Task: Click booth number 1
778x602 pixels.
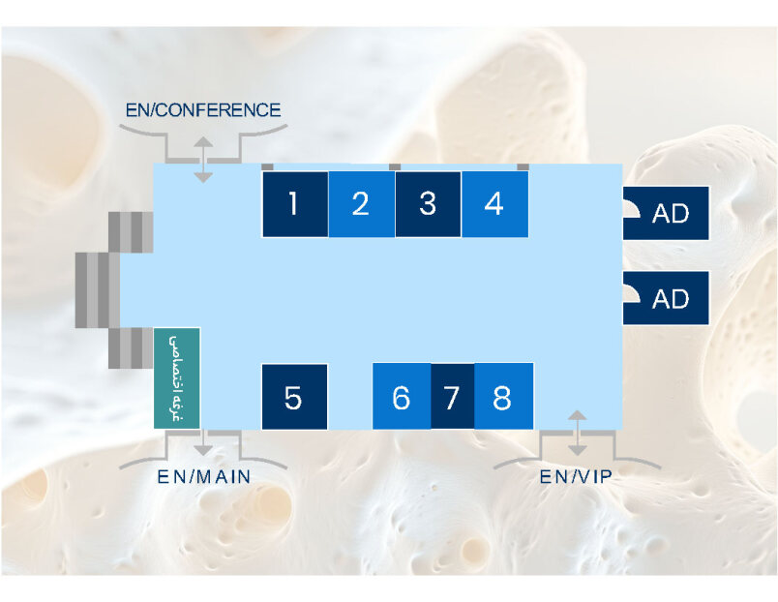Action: point(295,204)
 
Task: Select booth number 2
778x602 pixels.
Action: point(362,204)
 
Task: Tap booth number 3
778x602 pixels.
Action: point(428,204)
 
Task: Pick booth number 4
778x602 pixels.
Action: point(494,204)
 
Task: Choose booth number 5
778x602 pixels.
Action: point(295,397)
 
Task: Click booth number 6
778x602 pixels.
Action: point(402,396)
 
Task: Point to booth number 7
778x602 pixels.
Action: point(453,396)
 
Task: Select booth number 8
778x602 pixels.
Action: point(503,396)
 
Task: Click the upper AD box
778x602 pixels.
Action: point(666,213)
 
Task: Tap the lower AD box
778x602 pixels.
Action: point(666,298)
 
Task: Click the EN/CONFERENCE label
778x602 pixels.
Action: point(203,109)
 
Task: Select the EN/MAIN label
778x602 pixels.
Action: point(204,476)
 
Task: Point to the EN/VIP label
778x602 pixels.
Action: point(576,476)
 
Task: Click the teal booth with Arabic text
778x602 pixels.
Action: point(177,378)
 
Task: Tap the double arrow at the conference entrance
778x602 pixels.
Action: point(203,160)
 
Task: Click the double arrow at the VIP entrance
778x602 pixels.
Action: point(577,433)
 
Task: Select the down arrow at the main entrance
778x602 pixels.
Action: point(203,442)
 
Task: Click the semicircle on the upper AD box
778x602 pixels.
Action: point(632,209)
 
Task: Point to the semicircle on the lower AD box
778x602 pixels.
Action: point(632,293)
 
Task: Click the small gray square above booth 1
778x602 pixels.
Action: point(267,167)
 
